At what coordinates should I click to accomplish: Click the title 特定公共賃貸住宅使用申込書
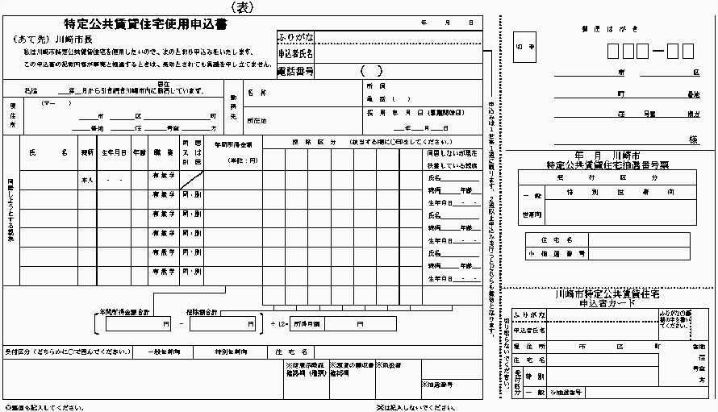click(x=145, y=25)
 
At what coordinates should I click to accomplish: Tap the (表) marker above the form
click(x=244, y=6)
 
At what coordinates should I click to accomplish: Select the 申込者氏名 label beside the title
click(x=295, y=53)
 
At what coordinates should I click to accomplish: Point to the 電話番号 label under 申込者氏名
click(x=295, y=71)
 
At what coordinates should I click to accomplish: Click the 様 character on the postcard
click(x=692, y=139)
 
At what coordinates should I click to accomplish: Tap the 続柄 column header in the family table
click(x=87, y=152)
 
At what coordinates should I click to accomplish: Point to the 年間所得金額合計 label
click(x=126, y=311)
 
